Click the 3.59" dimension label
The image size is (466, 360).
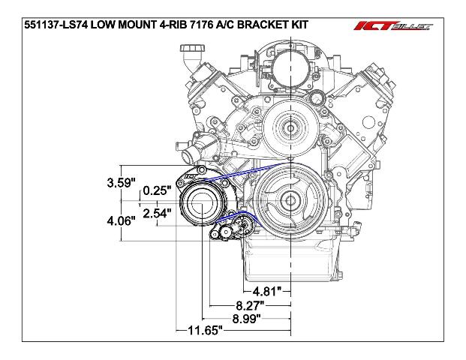tap(122, 182)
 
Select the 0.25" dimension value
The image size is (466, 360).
tap(158, 190)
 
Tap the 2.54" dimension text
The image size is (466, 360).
tap(158, 213)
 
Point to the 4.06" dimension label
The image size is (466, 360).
tap(122, 220)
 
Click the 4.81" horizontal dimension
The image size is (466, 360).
tap(266, 292)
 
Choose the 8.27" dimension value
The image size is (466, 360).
tap(250, 305)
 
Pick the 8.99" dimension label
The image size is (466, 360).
tap(246, 319)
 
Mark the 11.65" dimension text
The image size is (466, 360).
tap(205, 330)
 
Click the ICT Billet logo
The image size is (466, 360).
tap(393, 26)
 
